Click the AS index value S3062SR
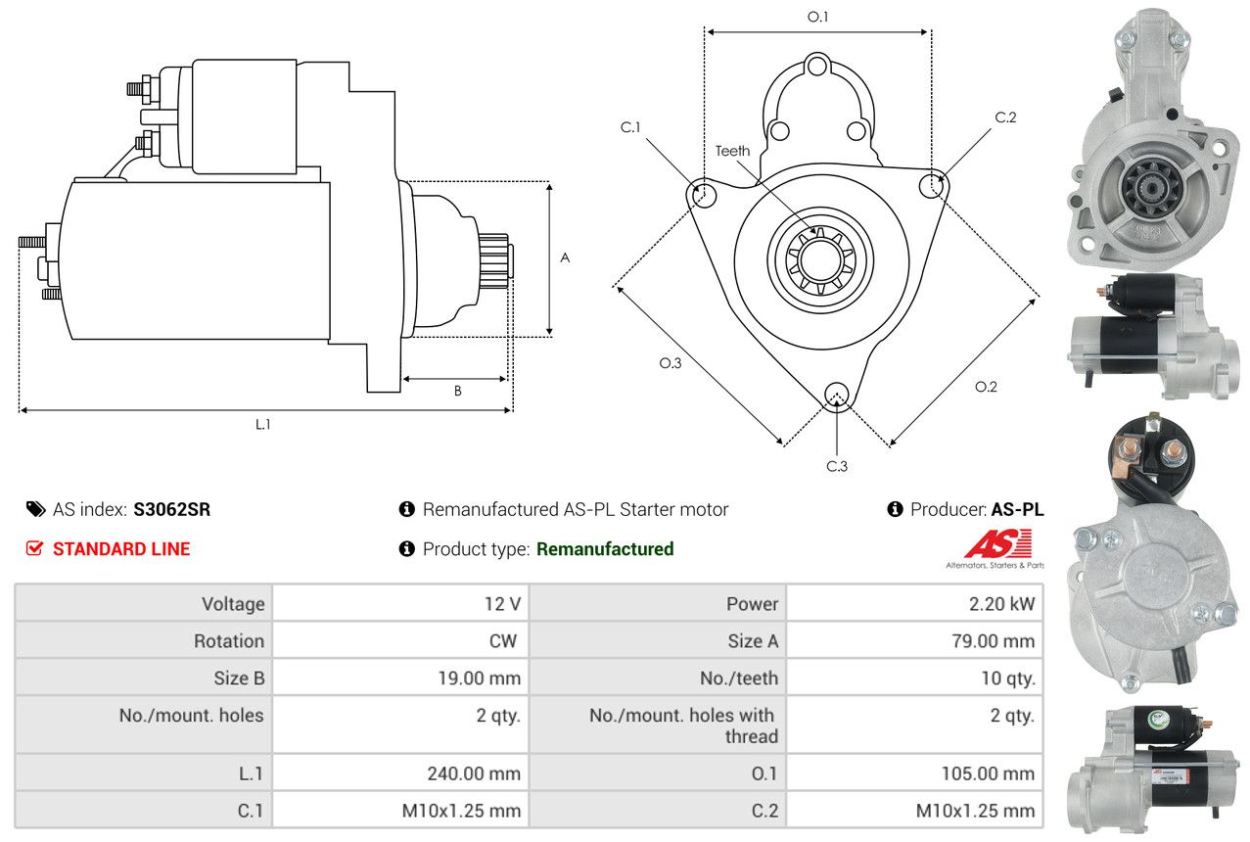click(171, 509)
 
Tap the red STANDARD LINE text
click(121, 549)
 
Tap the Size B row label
click(239, 678)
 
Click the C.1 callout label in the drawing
click(629, 127)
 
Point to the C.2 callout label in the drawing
click(1005, 117)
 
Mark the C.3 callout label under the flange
click(836, 466)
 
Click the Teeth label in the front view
click(732, 151)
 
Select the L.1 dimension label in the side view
click(262, 424)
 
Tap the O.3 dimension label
click(670, 363)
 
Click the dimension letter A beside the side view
click(565, 258)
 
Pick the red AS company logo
click(997, 544)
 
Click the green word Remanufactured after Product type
click(605, 549)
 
